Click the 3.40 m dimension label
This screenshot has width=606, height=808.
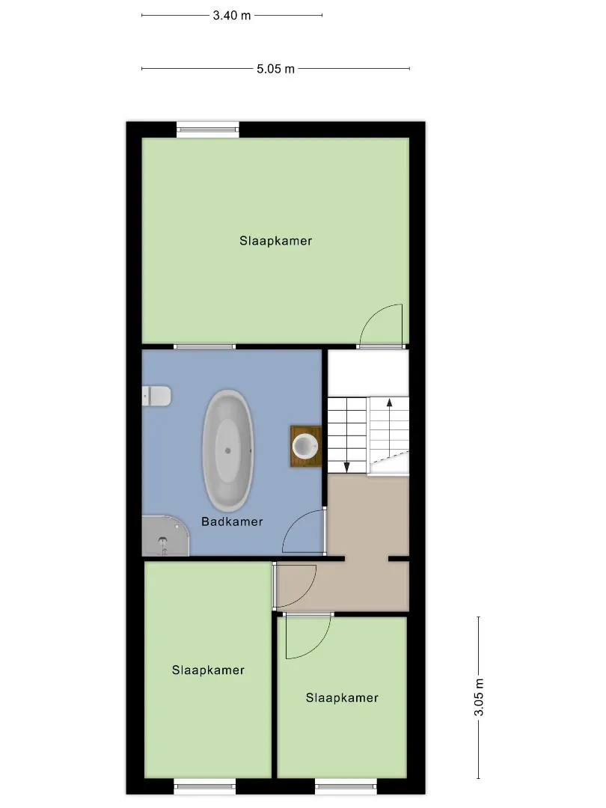click(x=232, y=16)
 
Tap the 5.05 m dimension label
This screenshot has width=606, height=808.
click(x=275, y=69)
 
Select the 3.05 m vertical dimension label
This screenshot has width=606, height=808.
click(x=479, y=697)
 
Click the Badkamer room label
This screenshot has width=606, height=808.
click(x=232, y=521)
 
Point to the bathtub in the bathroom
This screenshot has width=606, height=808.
click(x=227, y=451)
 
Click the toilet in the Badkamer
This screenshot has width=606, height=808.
click(x=156, y=396)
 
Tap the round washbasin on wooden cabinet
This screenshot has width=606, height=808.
click(x=305, y=446)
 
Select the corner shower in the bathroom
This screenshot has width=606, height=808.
click(x=165, y=536)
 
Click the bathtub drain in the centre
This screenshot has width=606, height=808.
click(x=227, y=451)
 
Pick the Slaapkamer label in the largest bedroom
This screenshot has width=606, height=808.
click(x=275, y=241)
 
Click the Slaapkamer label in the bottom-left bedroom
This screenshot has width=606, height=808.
click(x=208, y=670)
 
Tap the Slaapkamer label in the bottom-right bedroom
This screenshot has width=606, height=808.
click(x=342, y=698)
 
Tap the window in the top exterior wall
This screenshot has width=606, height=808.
click(x=208, y=129)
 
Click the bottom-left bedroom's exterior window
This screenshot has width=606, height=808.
click(x=204, y=786)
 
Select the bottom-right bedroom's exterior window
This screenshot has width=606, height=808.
click(x=346, y=786)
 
